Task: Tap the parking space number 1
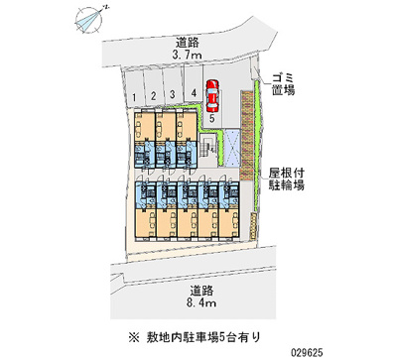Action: coord(133,96)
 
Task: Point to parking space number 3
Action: coord(173,94)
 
